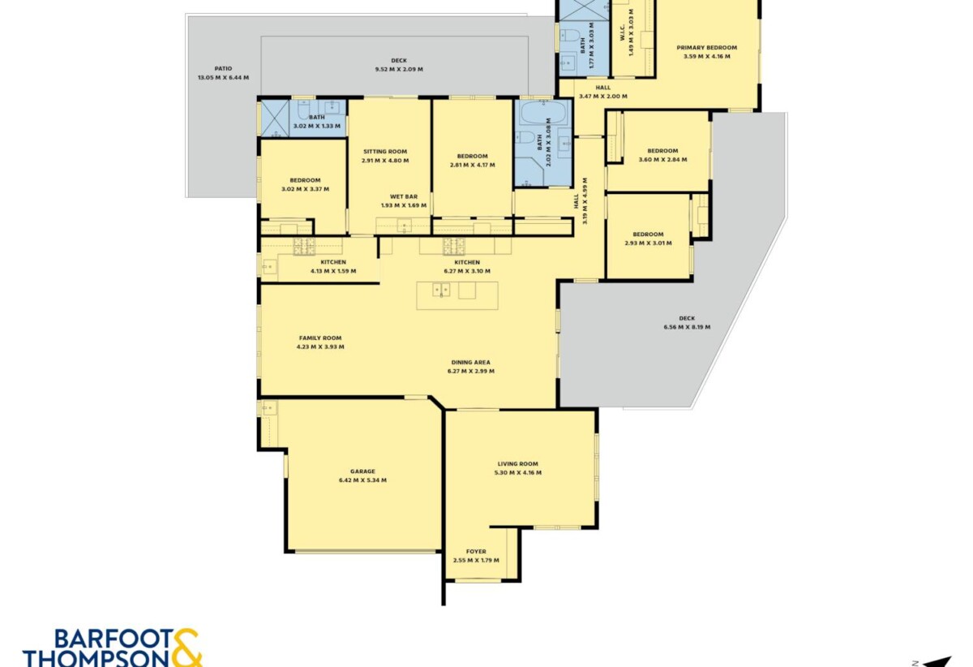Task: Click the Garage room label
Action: click(x=362, y=471)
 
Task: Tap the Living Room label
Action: click(x=518, y=464)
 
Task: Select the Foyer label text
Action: click(x=476, y=551)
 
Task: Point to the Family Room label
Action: click(x=320, y=338)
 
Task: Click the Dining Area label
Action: click(x=471, y=362)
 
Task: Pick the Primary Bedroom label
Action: click(x=707, y=47)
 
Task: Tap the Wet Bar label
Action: click(x=404, y=196)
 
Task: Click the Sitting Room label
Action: click(x=385, y=151)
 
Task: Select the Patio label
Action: click(x=223, y=68)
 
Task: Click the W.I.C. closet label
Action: click(x=622, y=32)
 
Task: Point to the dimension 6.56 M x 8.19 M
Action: click(x=688, y=327)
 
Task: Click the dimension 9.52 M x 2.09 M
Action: click(x=399, y=69)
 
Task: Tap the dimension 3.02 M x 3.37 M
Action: click(x=306, y=189)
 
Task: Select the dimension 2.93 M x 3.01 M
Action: click(x=648, y=243)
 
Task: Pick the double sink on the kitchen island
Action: click(x=441, y=290)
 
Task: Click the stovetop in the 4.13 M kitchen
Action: click(x=304, y=246)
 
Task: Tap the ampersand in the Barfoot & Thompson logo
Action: click(x=186, y=648)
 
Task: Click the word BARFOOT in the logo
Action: click(x=113, y=639)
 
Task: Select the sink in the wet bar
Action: click(x=405, y=226)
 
